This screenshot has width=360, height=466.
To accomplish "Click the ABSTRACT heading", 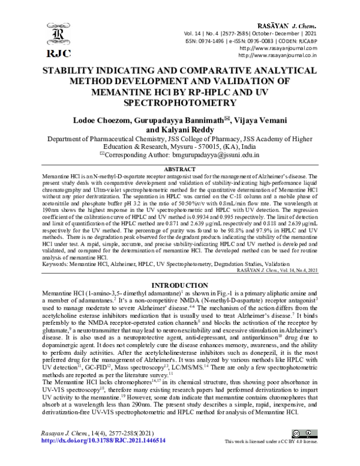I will pyautogui.click(x=180, y=170).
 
